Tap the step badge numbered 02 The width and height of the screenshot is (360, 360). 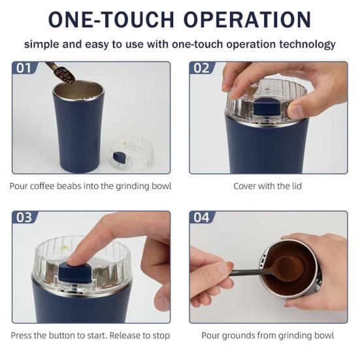coord(201,68)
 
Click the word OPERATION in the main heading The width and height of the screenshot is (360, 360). coord(248,20)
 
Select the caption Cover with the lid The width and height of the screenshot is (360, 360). coord(269,186)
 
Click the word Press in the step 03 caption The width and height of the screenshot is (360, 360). coord(23,336)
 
